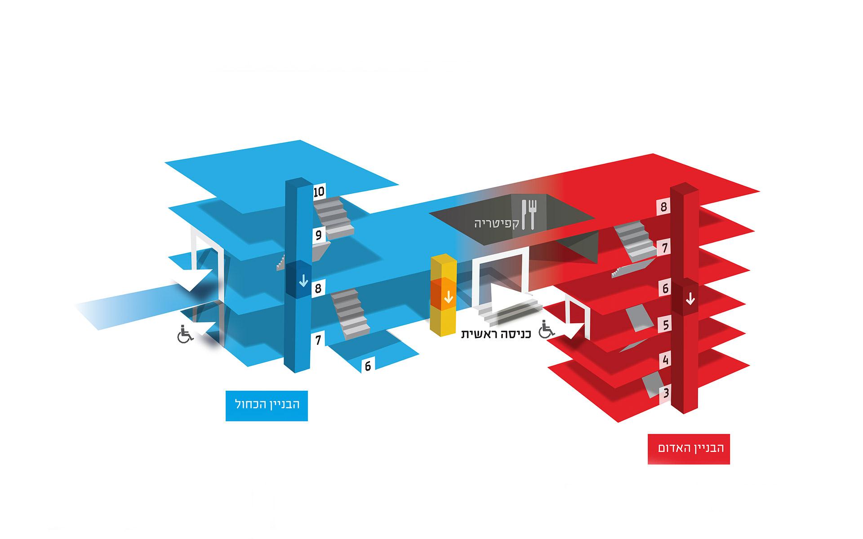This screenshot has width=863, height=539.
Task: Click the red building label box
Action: tap(689, 448)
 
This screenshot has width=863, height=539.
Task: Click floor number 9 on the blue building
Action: tap(319, 235)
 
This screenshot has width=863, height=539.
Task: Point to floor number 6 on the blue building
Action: tap(368, 366)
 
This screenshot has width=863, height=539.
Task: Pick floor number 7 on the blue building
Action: tap(318, 340)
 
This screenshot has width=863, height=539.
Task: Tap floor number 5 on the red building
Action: tap(665, 324)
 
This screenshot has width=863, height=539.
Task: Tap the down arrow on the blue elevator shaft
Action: tap(303, 281)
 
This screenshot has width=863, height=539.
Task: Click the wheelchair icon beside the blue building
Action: tap(184, 334)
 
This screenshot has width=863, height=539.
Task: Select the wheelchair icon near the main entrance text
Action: tap(547, 329)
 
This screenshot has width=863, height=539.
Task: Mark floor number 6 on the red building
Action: tap(665, 288)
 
